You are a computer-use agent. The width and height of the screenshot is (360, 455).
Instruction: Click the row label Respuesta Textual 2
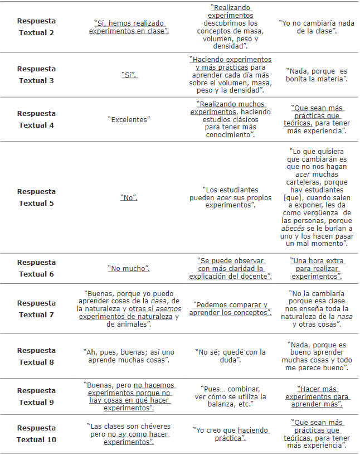click(36, 27)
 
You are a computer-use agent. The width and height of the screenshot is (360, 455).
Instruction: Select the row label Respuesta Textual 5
click(36, 197)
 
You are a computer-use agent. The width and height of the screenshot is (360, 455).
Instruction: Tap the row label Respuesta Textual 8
click(36, 356)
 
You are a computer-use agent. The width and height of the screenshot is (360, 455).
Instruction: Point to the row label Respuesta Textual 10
click(36, 434)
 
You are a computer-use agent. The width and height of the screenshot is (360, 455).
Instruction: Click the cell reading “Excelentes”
click(129, 119)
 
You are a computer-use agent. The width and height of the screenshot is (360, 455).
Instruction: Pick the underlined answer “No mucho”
click(129, 269)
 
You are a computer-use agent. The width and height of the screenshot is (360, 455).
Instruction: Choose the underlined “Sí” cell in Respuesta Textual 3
click(129, 75)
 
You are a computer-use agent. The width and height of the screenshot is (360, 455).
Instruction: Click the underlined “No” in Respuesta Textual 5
click(129, 197)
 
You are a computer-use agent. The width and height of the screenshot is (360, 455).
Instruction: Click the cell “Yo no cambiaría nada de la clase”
click(315, 27)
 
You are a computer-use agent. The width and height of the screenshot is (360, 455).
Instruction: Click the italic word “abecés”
click(294, 228)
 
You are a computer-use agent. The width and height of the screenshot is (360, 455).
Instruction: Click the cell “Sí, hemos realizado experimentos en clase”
click(129, 27)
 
